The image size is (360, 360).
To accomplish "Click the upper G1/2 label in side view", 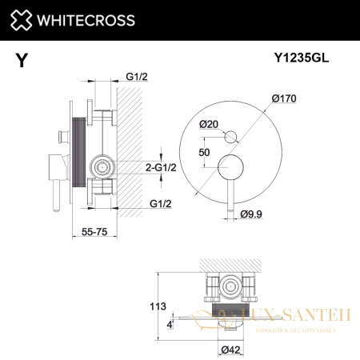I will [137, 78].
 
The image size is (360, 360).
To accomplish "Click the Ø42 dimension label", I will [228, 349].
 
